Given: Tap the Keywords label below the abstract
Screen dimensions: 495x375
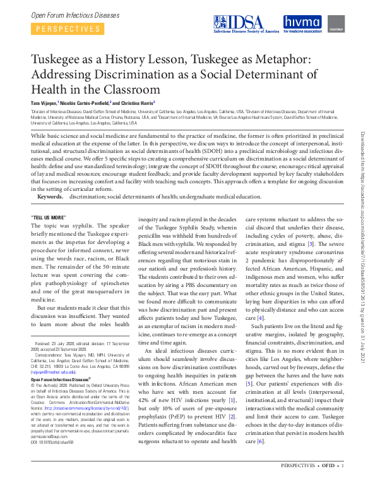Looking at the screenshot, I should [50, 197].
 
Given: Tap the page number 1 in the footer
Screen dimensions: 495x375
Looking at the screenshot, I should [343, 484].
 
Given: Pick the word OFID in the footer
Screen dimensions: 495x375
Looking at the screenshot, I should [328, 484].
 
